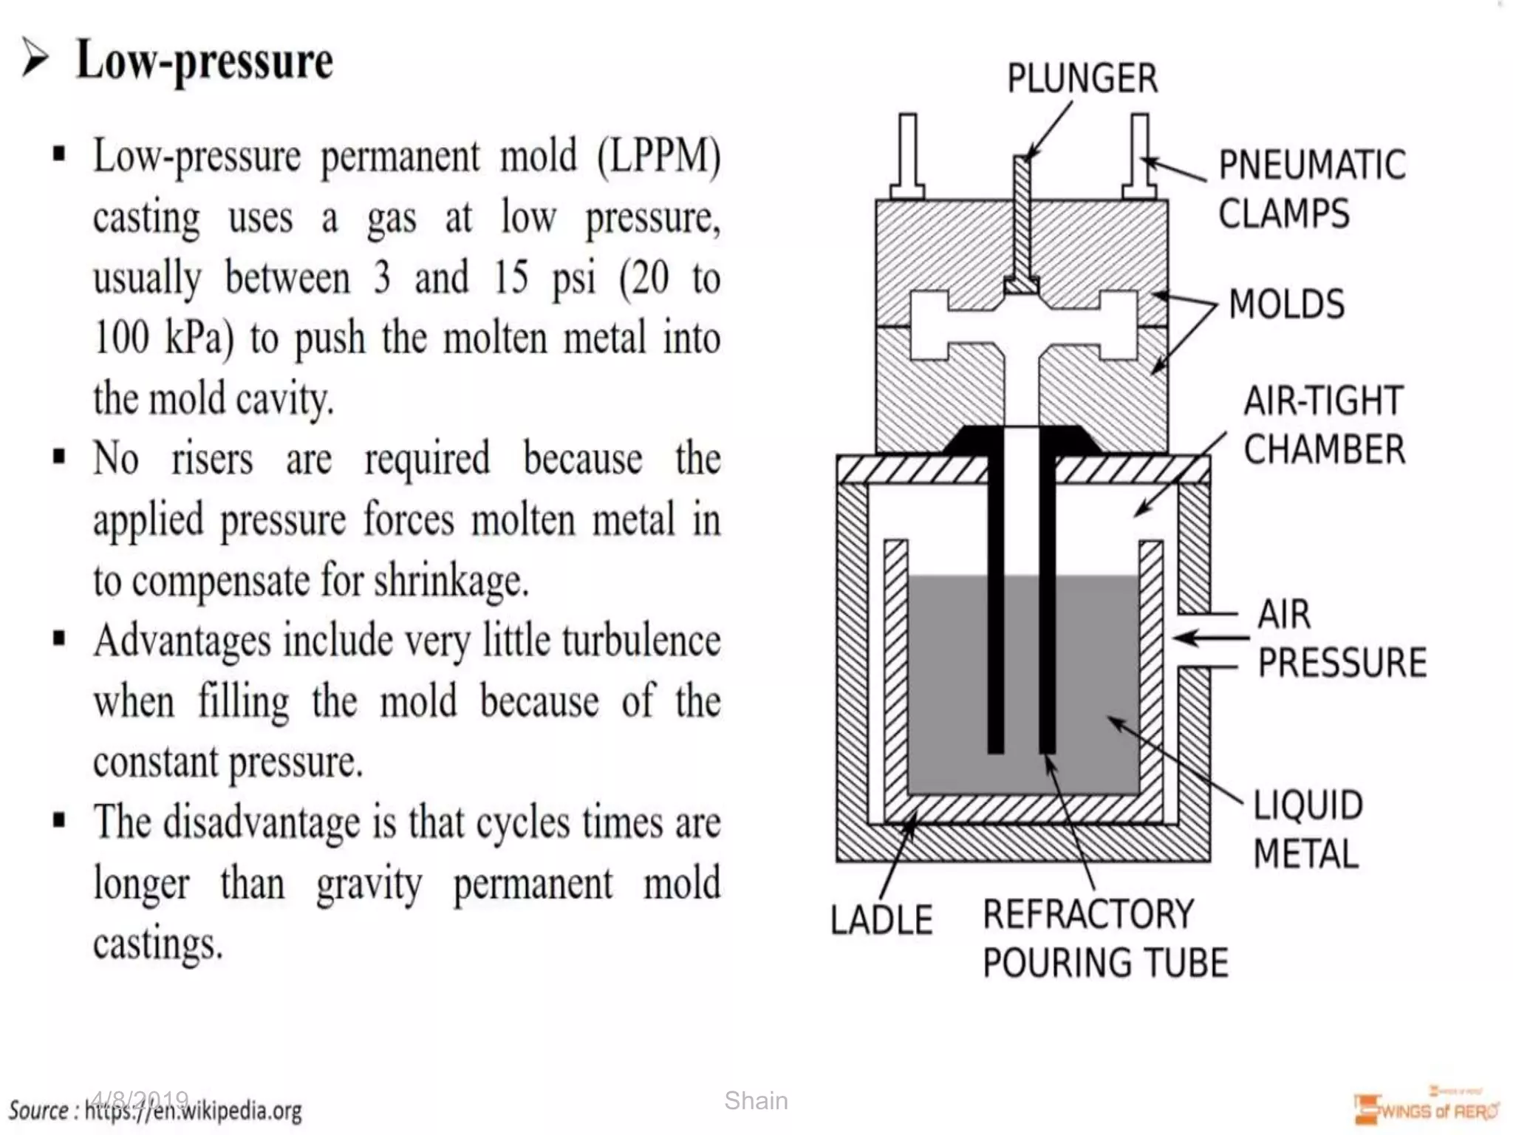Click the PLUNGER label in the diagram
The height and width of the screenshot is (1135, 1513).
[1082, 78]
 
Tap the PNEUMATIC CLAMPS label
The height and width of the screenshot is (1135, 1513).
[1311, 189]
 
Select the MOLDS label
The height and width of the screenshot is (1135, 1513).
[1286, 304]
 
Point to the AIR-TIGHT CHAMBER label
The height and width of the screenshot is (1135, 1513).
[1324, 425]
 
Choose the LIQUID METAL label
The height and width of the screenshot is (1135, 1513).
[1308, 829]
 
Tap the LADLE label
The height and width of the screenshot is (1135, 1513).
[881, 920]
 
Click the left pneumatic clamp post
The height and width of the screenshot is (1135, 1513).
[908, 155]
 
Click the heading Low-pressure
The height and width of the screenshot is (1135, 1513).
[205, 61]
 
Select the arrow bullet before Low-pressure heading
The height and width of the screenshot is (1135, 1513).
[35, 58]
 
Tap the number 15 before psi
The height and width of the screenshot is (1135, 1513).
[510, 278]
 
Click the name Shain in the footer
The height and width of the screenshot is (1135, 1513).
[756, 1100]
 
